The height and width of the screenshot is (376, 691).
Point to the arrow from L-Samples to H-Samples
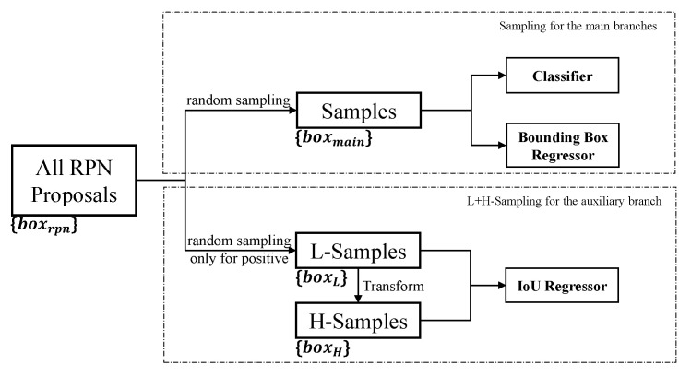(x=357, y=287)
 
